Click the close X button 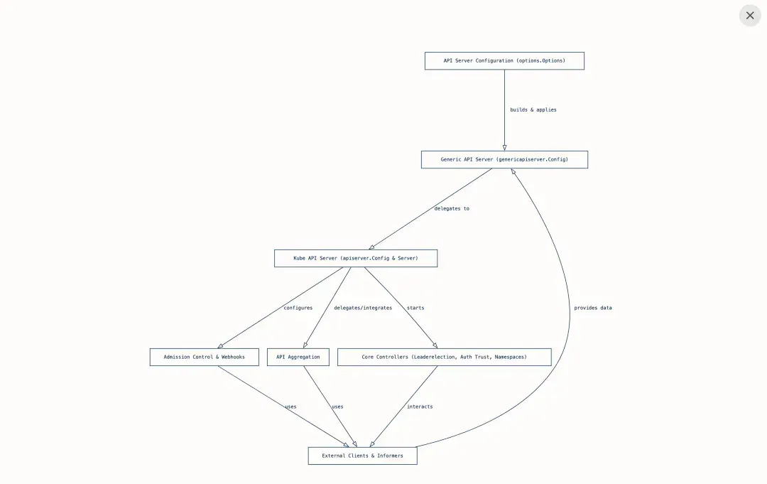(750, 16)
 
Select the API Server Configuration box (504, 60)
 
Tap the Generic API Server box (504, 159)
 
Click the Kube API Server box (356, 259)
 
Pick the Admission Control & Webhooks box (204, 357)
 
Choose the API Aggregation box (298, 357)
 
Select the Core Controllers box (444, 357)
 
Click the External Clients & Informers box (362, 456)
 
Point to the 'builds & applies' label (533, 109)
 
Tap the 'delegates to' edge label (452, 208)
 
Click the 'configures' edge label (298, 308)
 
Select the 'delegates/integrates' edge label (363, 308)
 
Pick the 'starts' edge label (415, 308)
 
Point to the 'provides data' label (593, 308)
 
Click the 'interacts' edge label (420, 407)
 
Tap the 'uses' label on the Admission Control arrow (290, 407)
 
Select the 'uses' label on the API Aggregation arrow (337, 407)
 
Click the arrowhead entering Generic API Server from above (504, 147)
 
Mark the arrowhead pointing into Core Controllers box (435, 345)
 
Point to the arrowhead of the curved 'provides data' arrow (513, 172)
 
